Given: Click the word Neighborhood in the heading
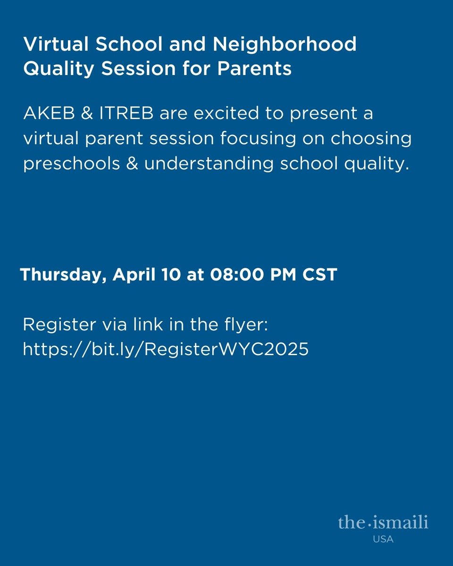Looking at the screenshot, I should tap(285, 45).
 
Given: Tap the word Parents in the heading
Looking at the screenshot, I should tap(254, 69).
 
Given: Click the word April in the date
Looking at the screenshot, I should tap(134, 275).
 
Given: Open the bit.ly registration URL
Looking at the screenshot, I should tap(166, 350).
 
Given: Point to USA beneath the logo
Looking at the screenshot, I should tap(384, 539).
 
